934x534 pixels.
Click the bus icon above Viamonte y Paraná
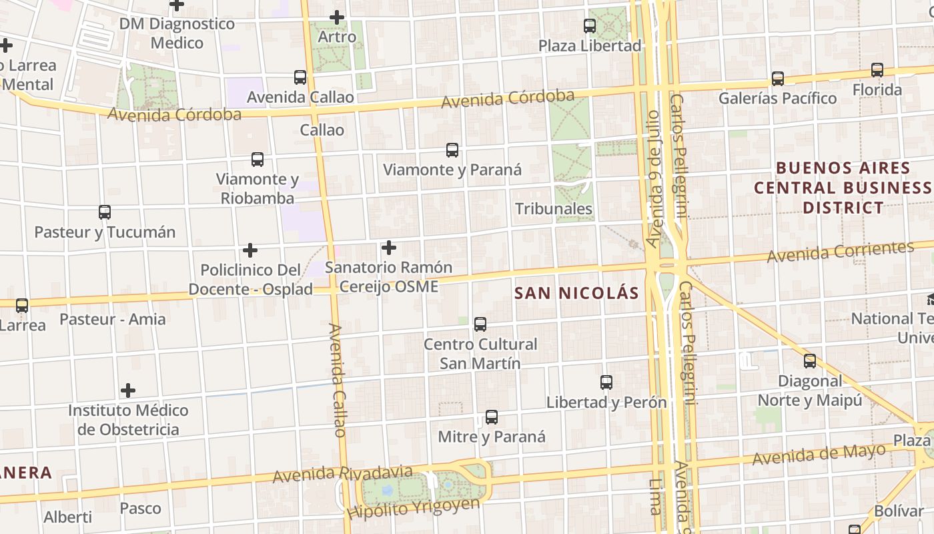[452, 150]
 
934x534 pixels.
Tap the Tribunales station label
[554, 209]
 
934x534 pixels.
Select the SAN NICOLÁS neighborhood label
[576, 293]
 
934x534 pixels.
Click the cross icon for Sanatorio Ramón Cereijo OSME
[389, 248]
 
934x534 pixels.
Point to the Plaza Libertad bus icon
[590, 26]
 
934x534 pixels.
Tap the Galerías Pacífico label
[777, 98]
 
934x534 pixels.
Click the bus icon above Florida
[877, 70]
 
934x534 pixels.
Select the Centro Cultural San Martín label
[480, 354]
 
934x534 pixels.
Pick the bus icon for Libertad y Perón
[606, 382]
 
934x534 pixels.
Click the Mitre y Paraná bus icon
[492, 417]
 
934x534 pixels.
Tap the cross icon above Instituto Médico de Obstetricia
[128, 390]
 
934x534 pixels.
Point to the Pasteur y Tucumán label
[105, 232]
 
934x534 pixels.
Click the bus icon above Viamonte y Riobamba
[258, 160]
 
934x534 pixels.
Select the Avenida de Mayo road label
[819, 455]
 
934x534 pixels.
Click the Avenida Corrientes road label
[839, 252]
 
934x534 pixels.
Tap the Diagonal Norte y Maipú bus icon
[810, 361]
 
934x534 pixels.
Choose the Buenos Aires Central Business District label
[843, 188]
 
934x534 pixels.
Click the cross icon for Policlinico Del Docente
[250, 250]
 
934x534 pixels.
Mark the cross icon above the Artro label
[338, 17]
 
